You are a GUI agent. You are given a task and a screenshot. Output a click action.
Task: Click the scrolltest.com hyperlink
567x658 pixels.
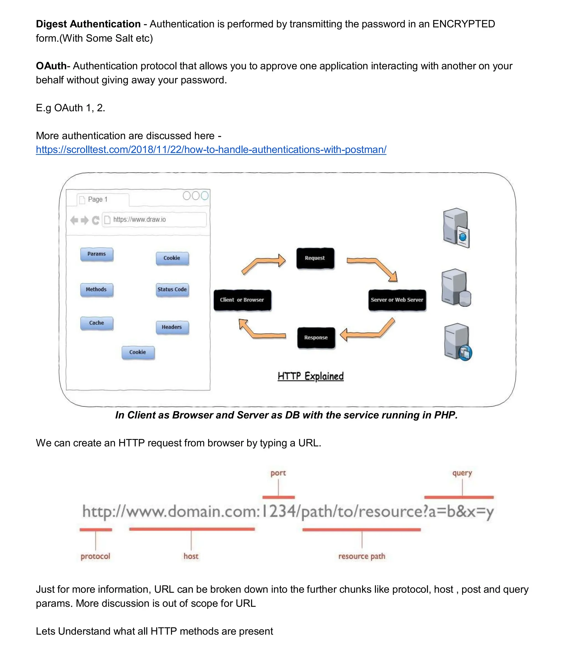211,149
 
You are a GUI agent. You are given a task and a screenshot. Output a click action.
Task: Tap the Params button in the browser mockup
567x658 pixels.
97,254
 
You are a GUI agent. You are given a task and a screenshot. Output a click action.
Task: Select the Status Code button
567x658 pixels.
172,290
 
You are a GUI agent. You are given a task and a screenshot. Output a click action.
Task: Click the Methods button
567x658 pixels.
97,290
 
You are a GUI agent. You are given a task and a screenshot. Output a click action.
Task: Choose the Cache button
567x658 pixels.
97,323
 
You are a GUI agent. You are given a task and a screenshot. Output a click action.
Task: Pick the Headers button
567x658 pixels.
172,327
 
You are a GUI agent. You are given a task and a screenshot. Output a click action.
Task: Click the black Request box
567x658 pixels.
315,258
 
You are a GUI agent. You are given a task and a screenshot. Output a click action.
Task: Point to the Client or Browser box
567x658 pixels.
242,300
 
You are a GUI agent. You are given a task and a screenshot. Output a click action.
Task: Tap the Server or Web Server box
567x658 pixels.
397,300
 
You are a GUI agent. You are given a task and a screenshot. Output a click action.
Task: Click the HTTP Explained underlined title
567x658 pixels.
310,376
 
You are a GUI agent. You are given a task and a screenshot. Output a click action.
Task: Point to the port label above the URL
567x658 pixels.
278,473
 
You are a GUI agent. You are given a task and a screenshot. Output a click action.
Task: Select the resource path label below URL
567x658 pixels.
362,556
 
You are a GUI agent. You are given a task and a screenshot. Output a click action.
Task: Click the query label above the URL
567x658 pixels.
462,473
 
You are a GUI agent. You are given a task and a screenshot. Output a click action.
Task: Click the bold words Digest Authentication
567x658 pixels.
88,24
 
